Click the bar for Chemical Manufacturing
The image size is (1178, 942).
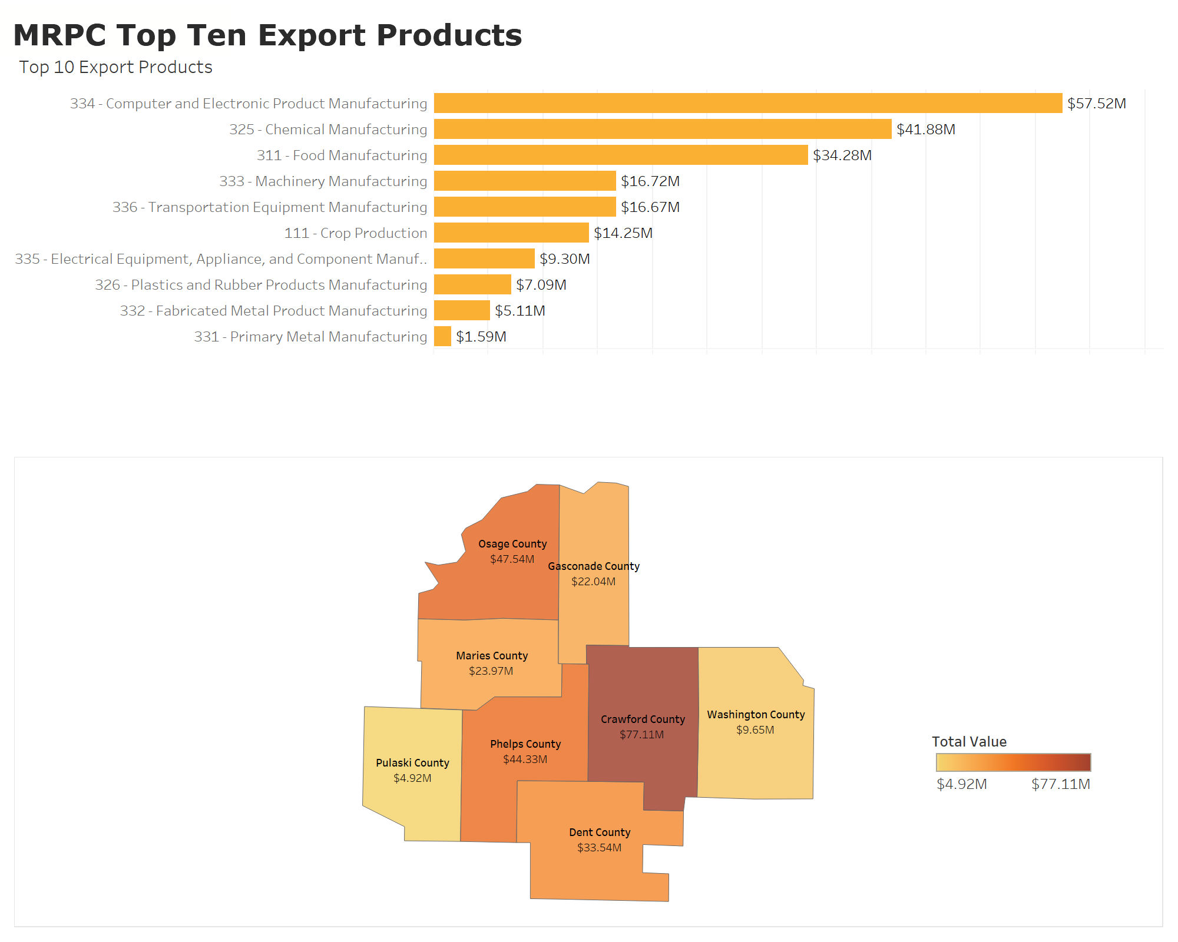click(662, 129)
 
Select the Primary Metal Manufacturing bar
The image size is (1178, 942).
click(442, 336)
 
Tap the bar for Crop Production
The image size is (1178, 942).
click(511, 233)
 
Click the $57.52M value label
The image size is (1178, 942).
click(1096, 104)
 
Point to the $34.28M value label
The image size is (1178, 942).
click(842, 155)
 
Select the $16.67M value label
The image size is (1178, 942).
click(650, 207)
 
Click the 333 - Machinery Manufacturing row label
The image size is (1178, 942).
click(323, 181)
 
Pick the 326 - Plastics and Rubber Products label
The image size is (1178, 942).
click(261, 285)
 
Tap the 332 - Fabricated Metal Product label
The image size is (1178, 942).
click(273, 311)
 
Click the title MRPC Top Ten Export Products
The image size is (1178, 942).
click(267, 35)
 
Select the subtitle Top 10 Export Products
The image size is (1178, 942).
click(115, 67)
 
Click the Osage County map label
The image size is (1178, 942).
click(512, 544)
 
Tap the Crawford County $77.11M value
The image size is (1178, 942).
click(641, 735)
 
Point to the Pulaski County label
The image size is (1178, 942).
click(412, 763)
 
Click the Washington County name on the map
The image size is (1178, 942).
click(756, 715)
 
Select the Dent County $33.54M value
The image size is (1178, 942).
click(599, 848)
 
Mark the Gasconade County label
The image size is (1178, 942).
click(593, 566)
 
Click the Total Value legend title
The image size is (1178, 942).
click(969, 742)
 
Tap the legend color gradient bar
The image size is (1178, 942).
click(1013, 762)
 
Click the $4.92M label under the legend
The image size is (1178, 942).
click(961, 784)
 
